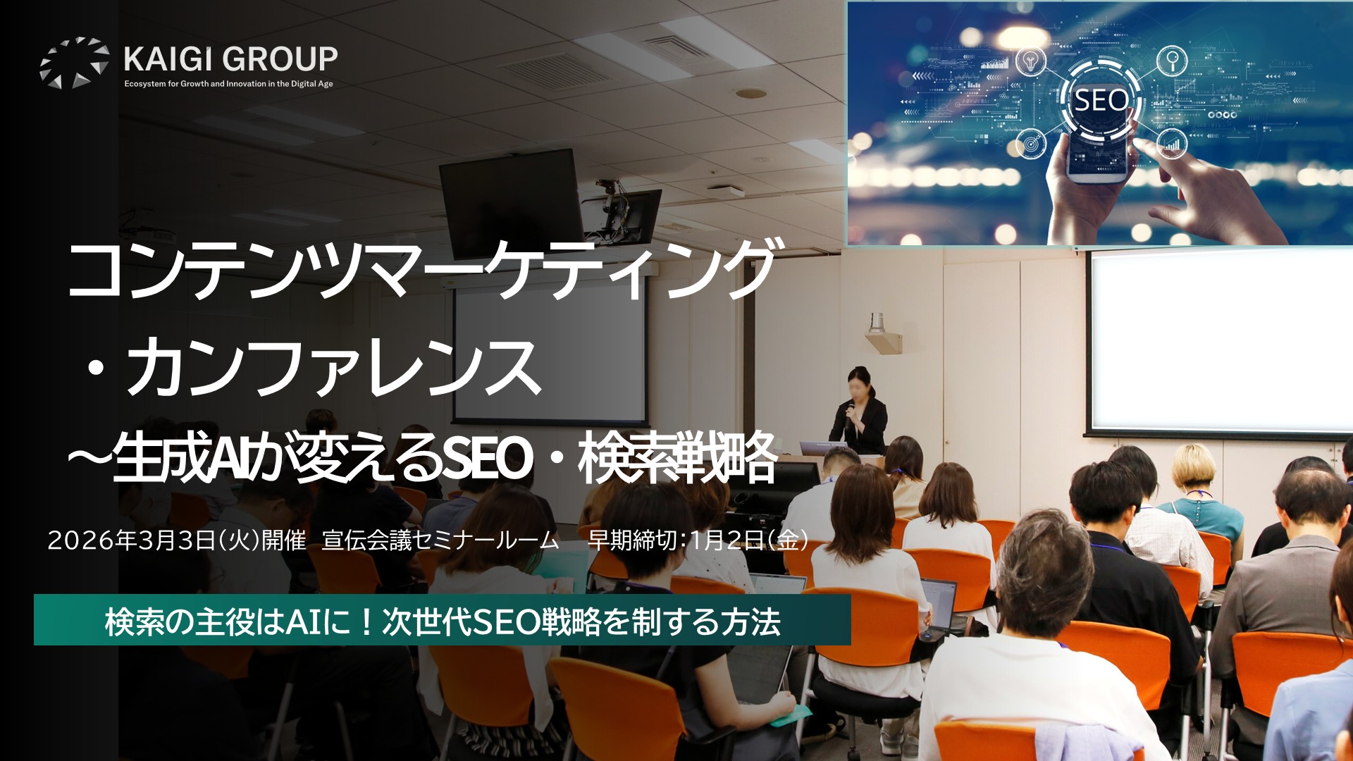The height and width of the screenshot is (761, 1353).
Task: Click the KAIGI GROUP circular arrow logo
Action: tap(74, 63)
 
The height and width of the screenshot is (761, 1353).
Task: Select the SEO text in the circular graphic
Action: tap(1100, 101)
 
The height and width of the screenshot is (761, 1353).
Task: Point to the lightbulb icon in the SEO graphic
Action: tap(1030, 61)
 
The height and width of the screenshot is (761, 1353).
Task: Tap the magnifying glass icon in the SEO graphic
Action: tap(1172, 60)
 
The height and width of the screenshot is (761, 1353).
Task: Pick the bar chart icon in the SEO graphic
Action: tap(1172, 143)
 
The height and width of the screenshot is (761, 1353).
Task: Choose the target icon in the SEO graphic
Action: tap(1030, 144)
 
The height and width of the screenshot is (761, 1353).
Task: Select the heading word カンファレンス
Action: tap(334, 366)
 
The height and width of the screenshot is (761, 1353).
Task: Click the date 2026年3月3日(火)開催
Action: tap(177, 540)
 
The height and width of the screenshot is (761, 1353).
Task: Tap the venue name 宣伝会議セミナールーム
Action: tap(440, 540)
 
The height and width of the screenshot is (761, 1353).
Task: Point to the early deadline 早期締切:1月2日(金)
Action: tap(698, 540)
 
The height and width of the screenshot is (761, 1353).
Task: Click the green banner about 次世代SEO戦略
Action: tap(443, 620)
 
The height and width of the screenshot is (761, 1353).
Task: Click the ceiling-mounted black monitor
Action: tap(512, 202)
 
